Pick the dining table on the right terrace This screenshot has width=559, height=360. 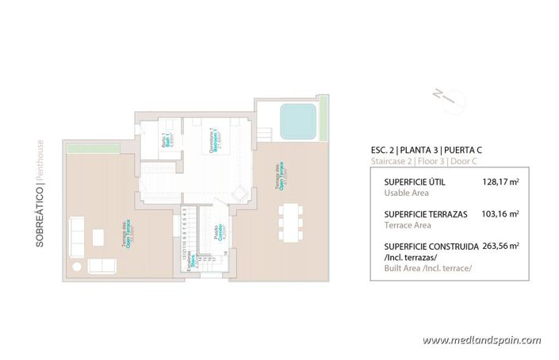coord(290,224)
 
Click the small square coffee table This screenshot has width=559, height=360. coord(100,237)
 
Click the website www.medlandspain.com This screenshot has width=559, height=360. coord(482,340)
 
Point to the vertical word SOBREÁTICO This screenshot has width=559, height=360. coord(40,227)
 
